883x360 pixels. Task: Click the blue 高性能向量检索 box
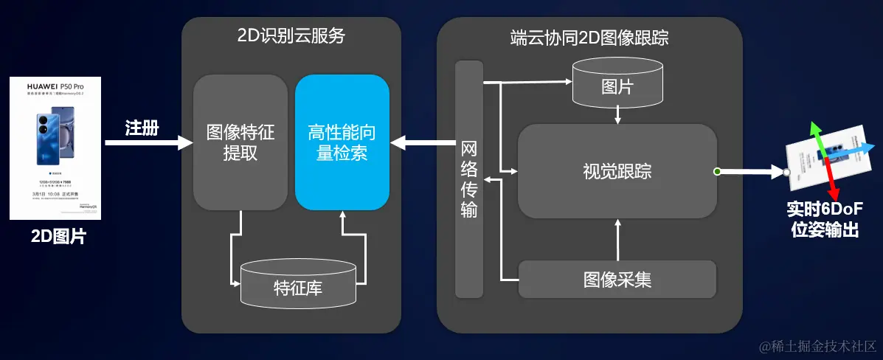click(x=342, y=142)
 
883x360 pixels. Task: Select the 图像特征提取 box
click(x=240, y=142)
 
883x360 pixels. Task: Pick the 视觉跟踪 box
click(x=617, y=172)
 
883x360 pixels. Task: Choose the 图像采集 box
click(x=617, y=280)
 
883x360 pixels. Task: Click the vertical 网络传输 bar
click(x=468, y=179)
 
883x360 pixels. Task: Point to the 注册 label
click(x=142, y=128)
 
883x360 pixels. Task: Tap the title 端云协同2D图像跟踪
click(x=589, y=37)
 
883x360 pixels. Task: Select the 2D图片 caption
click(x=58, y=237)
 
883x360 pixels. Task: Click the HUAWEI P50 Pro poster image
click(x=55, y=148)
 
